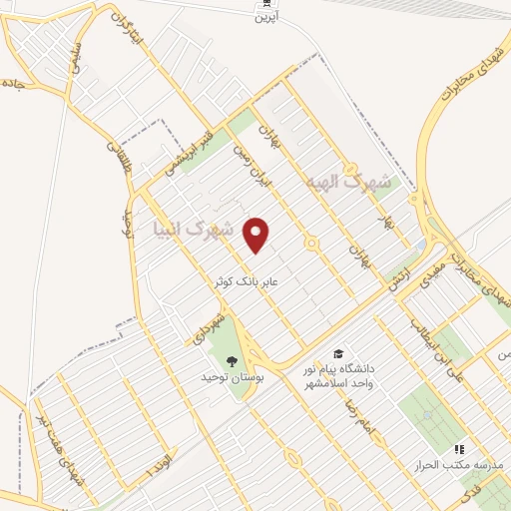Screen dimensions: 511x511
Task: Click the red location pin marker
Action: pyautogui.click(x=256, y=235)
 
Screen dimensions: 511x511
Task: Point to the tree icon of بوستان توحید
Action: pyautogui.click(x=233, y=361)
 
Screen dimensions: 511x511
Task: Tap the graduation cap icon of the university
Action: pyautogui.click(x=338, y=354)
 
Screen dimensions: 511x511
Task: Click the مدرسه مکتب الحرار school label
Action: pyautogui.click(x=457, y=466)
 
